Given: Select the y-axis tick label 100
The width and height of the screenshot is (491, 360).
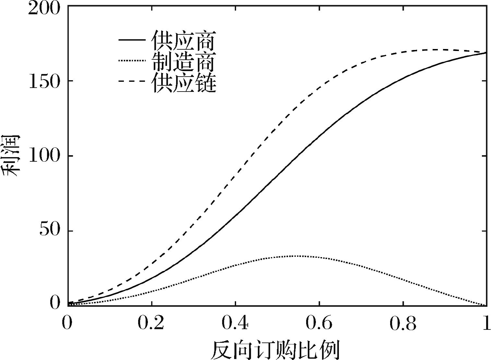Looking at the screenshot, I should tap(44, 156).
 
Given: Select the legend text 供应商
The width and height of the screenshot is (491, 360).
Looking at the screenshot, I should tap(184, 41).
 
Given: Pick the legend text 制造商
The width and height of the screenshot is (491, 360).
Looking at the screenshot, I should tap(184, 62).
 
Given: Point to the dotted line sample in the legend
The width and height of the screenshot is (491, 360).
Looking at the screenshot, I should tap(132, 61).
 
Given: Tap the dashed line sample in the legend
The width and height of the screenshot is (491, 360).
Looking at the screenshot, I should tap(132, 81).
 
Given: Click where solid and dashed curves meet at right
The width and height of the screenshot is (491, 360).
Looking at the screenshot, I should tap(486, 53).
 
